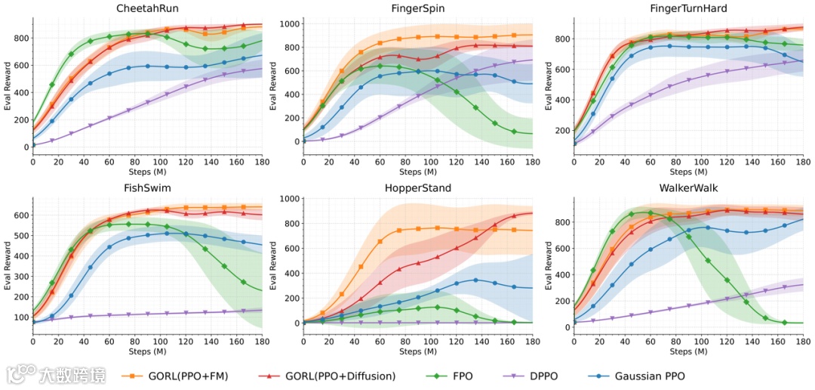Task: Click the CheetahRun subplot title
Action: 147,8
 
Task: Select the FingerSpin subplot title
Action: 417,8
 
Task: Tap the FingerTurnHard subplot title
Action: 687,8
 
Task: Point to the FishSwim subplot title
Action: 147,187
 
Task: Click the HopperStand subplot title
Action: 417,187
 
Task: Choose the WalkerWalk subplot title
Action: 687,187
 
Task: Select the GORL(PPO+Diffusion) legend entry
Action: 324,375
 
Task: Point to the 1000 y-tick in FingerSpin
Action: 288,24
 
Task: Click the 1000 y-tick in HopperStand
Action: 288,199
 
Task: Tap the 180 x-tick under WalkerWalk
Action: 803,342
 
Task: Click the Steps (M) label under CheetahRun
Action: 147,173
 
